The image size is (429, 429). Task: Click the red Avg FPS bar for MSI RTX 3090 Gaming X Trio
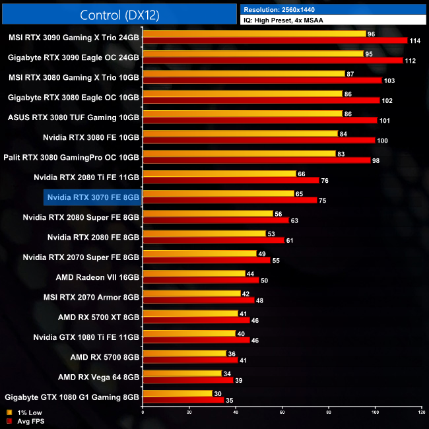[x=275, y=41]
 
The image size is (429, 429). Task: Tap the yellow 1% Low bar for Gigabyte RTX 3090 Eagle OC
[x=253, y=53]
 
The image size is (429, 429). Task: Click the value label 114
[x=416, y=41]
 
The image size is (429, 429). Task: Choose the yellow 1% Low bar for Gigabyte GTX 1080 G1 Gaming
[x=178, y=393]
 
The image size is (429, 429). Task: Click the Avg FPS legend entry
[x=25, y=421]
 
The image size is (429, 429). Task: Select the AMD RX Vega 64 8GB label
[x=98, y=377]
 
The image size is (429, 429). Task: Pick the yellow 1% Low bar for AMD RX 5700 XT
[x=190, y=313]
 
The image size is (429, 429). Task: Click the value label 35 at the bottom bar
[x=229, y=401]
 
